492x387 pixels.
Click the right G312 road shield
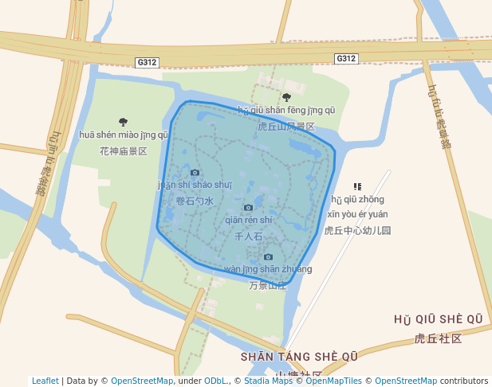click(345, 58)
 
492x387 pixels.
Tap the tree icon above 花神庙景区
click(123, 122)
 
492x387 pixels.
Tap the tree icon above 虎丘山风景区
click(286, 97)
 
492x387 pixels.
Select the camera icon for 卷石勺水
click(195, 172)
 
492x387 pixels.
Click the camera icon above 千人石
click(248, 207)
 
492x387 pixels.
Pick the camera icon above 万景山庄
click(268, 256)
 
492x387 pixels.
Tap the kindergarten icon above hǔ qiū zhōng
click(357, 186)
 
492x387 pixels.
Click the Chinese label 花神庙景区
click(124, 150)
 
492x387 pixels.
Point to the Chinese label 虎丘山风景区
click(286, 126)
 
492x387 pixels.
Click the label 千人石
click(249, 236)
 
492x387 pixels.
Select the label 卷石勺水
click(195, 201)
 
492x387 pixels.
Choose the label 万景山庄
click(268, 285)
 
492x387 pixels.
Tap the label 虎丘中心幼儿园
click(358, 230)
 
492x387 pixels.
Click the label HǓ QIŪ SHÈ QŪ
click(439, 319)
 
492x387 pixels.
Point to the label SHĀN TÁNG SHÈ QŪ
click(299, 356)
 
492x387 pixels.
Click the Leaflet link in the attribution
click(45, 381)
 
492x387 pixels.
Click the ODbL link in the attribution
click(216, 381)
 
